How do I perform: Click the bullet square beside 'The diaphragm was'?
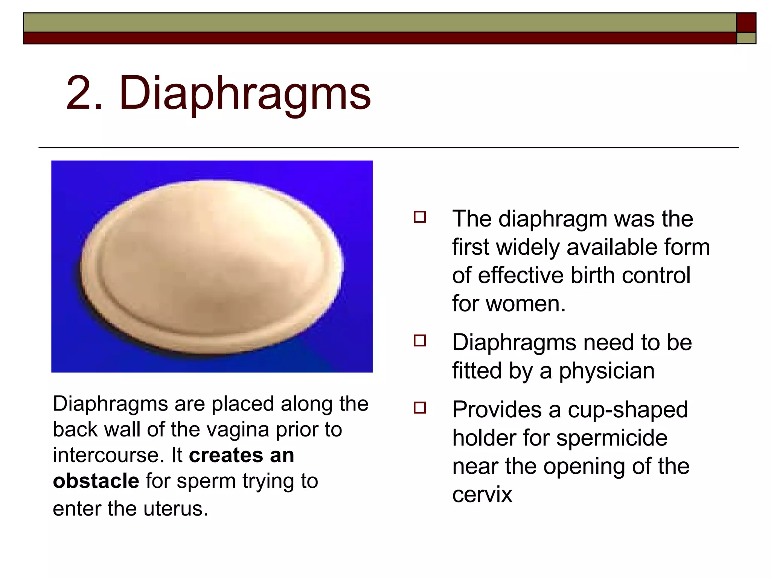[420, 218]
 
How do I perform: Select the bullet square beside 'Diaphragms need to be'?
[420, 341]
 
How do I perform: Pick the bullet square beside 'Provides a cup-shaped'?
[420, 408]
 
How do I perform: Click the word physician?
[606, 371]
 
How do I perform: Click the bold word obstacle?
[96, 481]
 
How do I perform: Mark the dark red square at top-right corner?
[746, 23]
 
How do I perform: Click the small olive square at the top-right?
[746, 38]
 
